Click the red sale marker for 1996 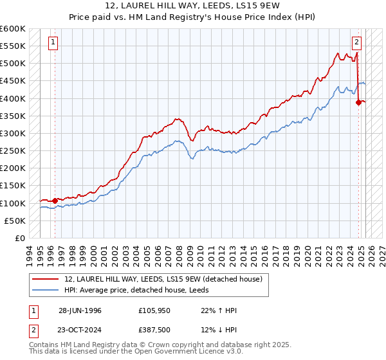pyautogui.click(x=55, y=201)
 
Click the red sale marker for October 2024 pyautogui.click(x=359, y=102)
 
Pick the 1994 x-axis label pyautogui.click(x=29, y=249)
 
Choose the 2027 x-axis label pyautogui.click(x=381, y=249)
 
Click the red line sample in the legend pyautogui.click(x=45, y=280)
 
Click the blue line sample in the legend pyautogui.click(x=45, y=290)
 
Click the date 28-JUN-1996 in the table pyautogui.click(x=80, y=310)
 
